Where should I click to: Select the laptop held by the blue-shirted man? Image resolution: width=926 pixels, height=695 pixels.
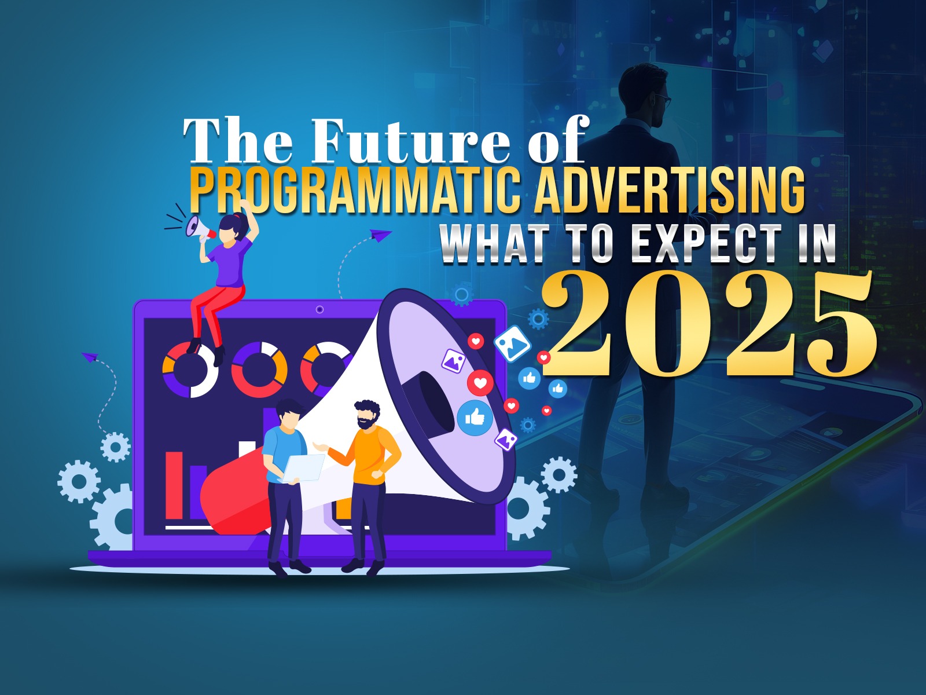303,468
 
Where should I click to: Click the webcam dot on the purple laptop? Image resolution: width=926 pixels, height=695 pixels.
320,310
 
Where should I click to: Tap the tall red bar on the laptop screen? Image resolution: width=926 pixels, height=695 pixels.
174,485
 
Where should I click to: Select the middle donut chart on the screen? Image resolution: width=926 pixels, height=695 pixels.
259,370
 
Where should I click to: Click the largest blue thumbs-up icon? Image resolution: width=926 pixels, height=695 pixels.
475,418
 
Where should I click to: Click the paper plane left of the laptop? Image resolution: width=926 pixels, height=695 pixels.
90,357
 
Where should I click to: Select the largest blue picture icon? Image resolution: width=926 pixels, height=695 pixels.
513,343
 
